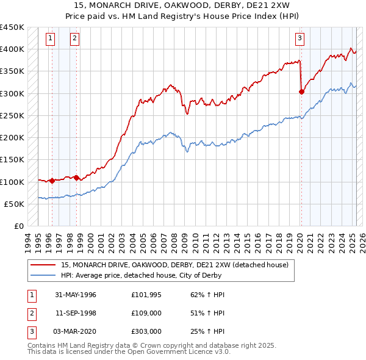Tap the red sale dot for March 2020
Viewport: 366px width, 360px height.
click(x=301, y=92)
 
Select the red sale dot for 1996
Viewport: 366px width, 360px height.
click(x=52, y=181)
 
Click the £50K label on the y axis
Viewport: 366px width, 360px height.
click(x=14, y=204)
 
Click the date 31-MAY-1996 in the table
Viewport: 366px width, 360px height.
click(x=76, y=295)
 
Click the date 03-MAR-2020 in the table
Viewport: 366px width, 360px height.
click(x=76, y=331)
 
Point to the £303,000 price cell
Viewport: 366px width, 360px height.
click(x=146, y=331)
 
